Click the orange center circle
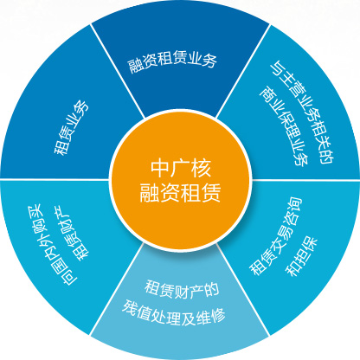click(x=180, y=181)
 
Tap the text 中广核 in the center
click(x=181, y=168)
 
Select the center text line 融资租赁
click(x=180, y=192)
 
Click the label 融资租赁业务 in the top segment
click(x=172, y=61)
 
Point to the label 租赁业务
click(x=71, y=127)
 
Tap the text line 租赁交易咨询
click(x=275, y=235)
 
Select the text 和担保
click(x=301, y=256)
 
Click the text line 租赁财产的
click(x=182, y=289)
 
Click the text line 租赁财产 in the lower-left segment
click(x=72, y=234)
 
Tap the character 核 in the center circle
click(x=202, y=168)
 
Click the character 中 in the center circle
click(x=159, y=168)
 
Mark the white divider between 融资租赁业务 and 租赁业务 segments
click(x=117, y=71)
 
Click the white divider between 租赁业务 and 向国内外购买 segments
click(x=55, y=179)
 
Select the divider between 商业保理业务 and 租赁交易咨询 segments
click(x=305, y=180)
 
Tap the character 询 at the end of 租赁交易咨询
click(x=294, y=205)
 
